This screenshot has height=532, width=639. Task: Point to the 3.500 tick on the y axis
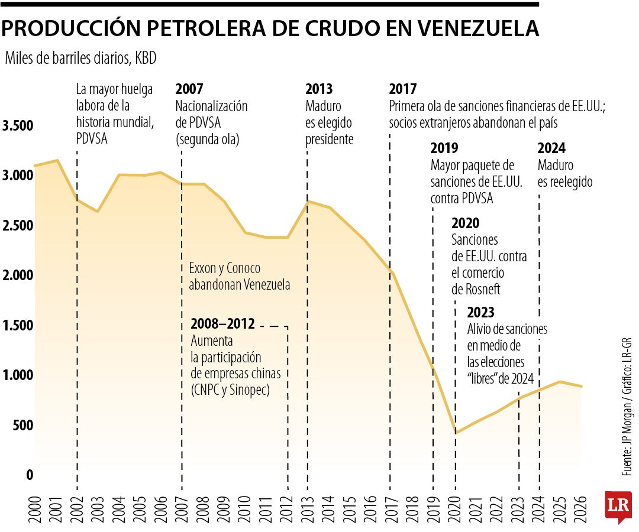(18, 126)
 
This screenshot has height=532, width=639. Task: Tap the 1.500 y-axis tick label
(18, 326)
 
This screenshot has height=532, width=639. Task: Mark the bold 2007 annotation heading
(189, 90)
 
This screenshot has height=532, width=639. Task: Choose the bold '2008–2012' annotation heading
(222, 325)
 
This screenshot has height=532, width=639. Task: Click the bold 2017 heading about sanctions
(403, 90)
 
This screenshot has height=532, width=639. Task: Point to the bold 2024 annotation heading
(551, 148)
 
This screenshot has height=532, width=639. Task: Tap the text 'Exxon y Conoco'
(225, 268)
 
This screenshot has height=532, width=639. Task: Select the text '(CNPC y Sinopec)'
(230, 390)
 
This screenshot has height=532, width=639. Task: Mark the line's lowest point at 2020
(456, 433)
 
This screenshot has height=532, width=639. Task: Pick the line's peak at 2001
(57, 160)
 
